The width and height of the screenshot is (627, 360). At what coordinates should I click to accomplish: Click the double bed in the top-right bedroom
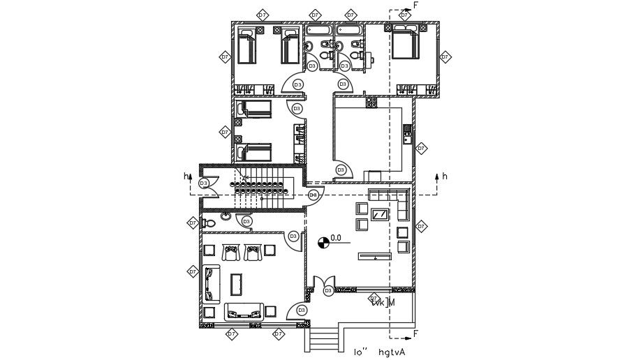point(405,43)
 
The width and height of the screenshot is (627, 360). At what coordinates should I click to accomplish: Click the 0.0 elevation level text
point(336,238)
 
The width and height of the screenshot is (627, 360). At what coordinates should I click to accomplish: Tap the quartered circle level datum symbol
point(323,242)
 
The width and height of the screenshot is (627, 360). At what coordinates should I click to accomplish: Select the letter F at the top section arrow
point(416,6)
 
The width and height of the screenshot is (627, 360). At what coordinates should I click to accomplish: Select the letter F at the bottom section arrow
point(416,333)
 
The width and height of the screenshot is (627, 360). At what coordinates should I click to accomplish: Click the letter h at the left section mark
point(186,177)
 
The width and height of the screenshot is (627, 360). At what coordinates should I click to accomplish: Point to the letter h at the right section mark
point(445,176)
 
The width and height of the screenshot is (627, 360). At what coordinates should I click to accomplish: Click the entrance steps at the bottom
point(323,341)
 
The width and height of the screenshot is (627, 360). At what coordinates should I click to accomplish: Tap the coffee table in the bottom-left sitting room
point(237,283)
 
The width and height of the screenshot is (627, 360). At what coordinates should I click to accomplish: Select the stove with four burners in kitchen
point(371,103)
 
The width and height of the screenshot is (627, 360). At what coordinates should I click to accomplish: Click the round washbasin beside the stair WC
point(226,216)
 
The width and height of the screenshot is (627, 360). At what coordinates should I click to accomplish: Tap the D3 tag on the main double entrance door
point(327,290)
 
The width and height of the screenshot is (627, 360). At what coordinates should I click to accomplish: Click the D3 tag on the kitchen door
point(341,170)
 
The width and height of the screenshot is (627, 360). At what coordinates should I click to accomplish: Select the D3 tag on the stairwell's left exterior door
point(204,183)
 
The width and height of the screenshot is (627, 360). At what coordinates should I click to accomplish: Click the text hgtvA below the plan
point(392,352)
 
